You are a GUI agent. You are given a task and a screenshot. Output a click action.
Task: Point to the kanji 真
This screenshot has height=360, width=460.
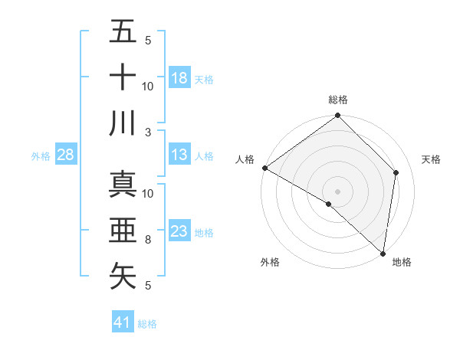click(123, 185)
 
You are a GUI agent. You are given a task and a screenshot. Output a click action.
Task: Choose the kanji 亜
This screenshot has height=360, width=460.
click(123, 231)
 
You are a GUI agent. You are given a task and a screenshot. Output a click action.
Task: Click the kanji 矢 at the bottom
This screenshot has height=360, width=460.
click(123, 276)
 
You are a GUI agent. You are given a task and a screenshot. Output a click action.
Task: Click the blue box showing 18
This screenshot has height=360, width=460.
click(179, 77)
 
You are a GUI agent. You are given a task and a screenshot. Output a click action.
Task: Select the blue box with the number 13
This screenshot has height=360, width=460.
click(179, 155)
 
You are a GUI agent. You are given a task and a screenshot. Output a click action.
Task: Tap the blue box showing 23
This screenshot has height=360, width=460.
click(179, 231)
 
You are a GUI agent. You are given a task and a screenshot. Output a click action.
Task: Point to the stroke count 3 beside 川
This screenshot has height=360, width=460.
click(147, 132)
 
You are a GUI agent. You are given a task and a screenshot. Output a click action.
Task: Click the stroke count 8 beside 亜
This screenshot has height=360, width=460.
click(147, 240)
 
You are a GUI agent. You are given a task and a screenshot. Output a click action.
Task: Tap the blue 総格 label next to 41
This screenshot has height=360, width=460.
click(147, 324)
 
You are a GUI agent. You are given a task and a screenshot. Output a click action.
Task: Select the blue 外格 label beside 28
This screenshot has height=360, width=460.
click(41, 156)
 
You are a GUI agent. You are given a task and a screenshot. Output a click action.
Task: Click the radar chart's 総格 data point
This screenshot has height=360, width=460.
click(337, 116)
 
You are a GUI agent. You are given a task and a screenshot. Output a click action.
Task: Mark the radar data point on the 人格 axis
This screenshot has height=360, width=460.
click(264, 168)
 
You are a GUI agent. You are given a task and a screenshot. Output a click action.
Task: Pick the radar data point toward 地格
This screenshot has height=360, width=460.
click(383, 254)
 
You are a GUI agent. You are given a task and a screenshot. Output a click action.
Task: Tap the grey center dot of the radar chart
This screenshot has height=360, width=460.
click(338, 191)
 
